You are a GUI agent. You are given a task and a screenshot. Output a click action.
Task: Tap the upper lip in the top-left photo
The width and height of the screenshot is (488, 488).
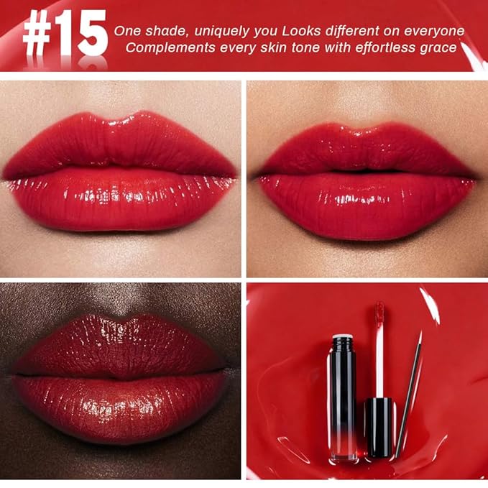coord(119,144)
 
